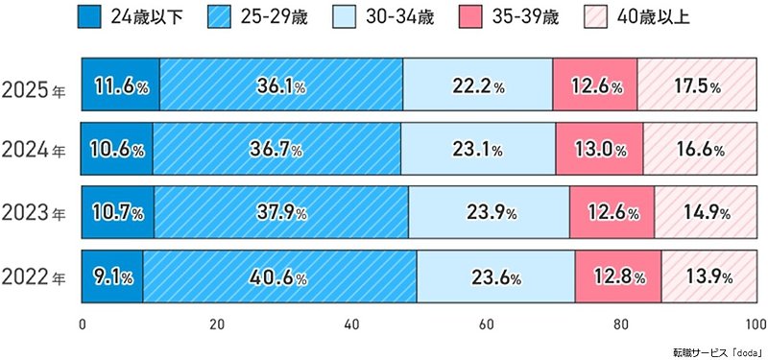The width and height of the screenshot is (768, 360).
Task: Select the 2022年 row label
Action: [x=35, y=278]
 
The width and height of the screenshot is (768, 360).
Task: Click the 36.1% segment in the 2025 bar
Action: [x=281, y=86]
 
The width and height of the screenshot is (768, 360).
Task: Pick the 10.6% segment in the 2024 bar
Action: [x=117, y=151]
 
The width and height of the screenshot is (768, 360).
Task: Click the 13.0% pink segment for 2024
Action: [x=599, y=151]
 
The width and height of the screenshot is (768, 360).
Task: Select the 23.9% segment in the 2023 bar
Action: [x=489, y=213]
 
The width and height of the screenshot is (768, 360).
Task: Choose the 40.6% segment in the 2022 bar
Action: [x=279, y=278]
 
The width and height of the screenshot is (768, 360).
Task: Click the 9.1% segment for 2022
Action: [x=112, y=278]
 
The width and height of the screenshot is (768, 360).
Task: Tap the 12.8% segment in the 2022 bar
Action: [x=618, y=278]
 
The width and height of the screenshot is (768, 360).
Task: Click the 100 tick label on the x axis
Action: [x=756, y=323]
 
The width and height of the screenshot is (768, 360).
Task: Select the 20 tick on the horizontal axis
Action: [x=218, y=323]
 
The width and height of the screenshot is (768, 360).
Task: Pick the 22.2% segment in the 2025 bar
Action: [x=478, y=86]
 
